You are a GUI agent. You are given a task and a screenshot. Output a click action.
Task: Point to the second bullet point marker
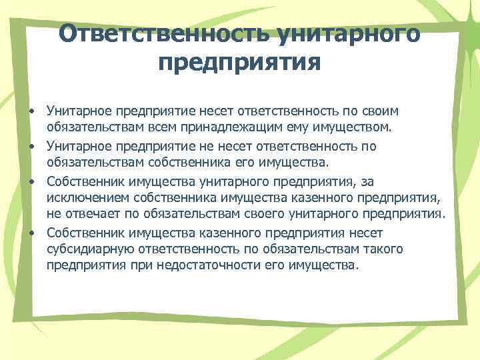click(x=31, y=146)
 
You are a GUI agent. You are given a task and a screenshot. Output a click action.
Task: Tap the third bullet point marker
click(x=31, y=182)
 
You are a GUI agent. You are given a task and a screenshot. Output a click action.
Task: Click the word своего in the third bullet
click(x=266, y=213)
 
